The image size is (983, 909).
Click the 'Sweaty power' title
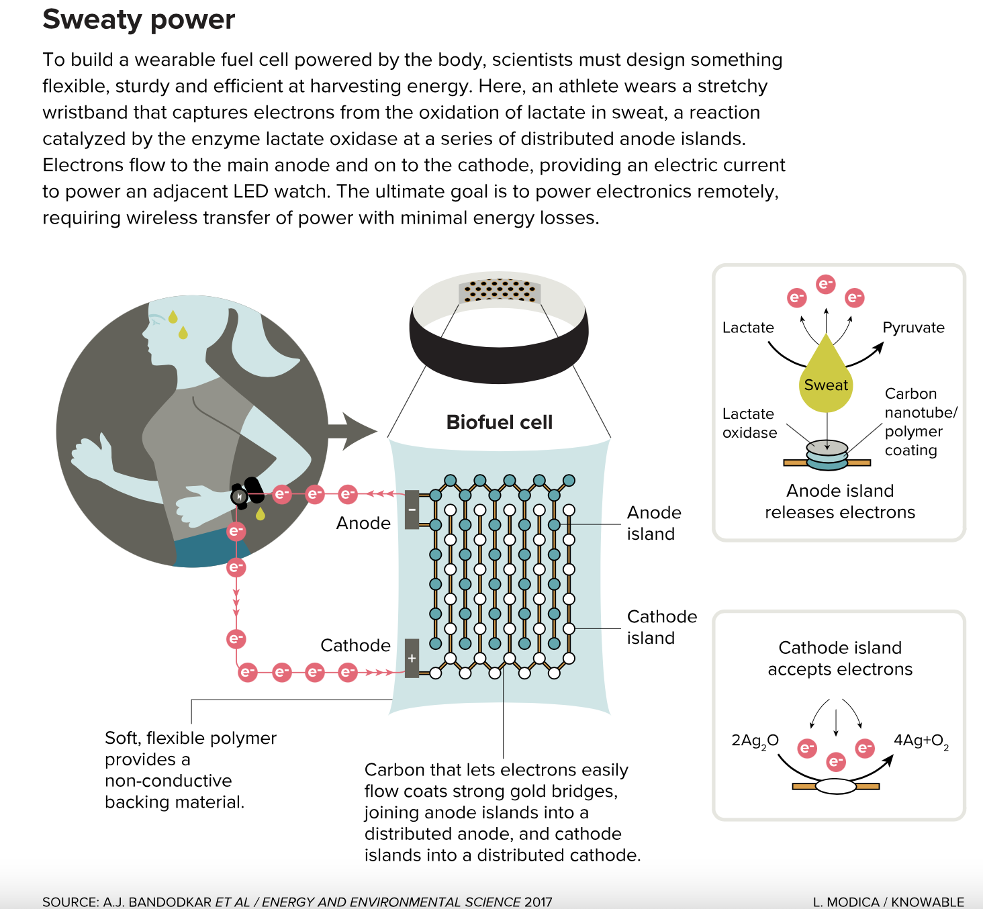click(x=138, y=19)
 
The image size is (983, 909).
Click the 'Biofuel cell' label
click(x=499, y=422)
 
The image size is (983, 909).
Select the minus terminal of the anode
click(x=412, y=510)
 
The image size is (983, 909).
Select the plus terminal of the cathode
click(x=412, y=658)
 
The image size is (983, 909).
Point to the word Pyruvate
click(x=913, y=328)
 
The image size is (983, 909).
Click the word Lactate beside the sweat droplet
click(x=748, y=328)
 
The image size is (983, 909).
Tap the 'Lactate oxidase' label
click(x=749, y=423)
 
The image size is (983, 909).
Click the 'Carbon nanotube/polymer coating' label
click(x=921, y=422)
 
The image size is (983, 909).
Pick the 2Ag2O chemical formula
click(x=755, y=741)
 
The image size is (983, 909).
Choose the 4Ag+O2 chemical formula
click(x=921, y=741)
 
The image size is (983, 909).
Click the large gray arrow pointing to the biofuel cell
click(x=350, y=431)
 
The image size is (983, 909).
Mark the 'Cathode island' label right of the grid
click(x=661, y=627)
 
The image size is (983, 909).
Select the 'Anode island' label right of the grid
click(x=653, y=523)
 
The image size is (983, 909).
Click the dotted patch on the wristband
click(x=500, y=291)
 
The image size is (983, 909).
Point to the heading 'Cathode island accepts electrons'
click(x=840, y=658)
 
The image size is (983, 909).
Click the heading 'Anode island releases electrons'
click(x=840, y=501)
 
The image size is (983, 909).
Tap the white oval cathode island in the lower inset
click(x=836, y=786)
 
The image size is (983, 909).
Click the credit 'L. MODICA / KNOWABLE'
click(x=888, y=902)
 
